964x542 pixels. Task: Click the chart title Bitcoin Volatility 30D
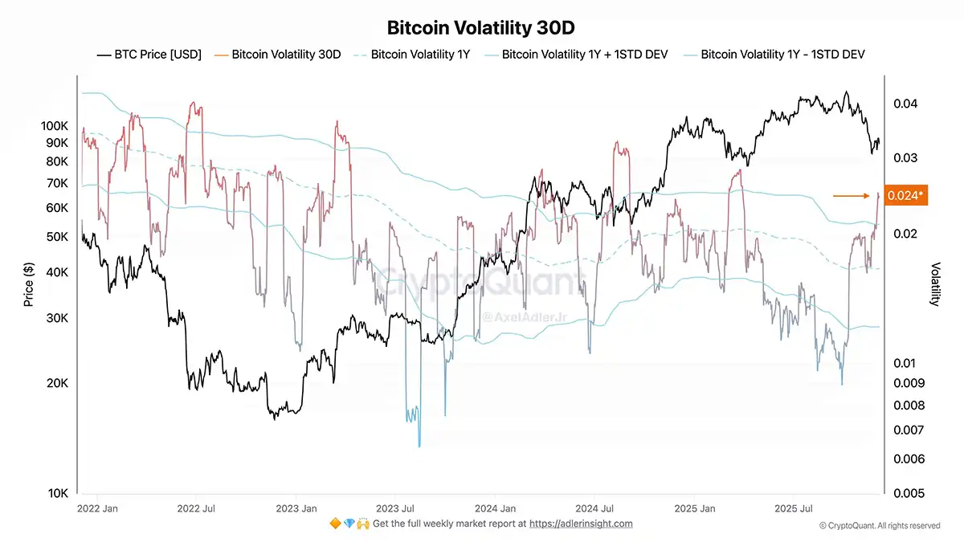tap(482, 28)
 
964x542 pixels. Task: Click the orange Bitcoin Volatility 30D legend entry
tap(279, 55)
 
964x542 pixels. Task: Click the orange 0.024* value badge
tap(905, 195)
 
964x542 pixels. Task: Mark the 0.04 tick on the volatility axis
tap(905, 104)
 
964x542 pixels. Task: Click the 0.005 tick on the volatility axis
tap(908, 493)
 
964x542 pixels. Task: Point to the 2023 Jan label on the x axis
tap(295, 508)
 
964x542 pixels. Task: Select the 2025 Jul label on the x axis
tap(792, 508)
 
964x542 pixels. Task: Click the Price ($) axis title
tap(29, 285)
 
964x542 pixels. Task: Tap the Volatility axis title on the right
tap(934, 284)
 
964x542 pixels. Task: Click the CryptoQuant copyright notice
tap(879, 525)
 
